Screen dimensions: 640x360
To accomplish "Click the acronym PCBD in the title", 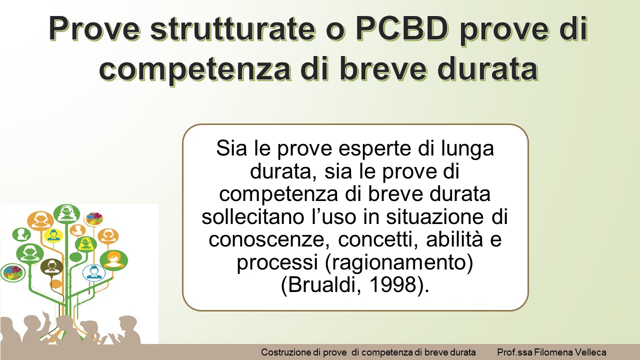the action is [402, 29].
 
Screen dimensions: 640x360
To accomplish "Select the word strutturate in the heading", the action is [233, 29].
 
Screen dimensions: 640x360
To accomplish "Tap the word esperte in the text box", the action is [376, 149].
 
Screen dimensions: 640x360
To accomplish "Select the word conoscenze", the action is [269, 240].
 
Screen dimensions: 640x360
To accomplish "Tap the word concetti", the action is [378, 239].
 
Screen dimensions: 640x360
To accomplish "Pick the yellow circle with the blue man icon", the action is [53, 235].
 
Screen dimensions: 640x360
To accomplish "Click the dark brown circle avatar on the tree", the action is [51, 266].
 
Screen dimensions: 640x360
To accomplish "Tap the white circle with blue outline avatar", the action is [93, 272].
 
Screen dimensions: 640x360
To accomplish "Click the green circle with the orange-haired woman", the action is [113, 259].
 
